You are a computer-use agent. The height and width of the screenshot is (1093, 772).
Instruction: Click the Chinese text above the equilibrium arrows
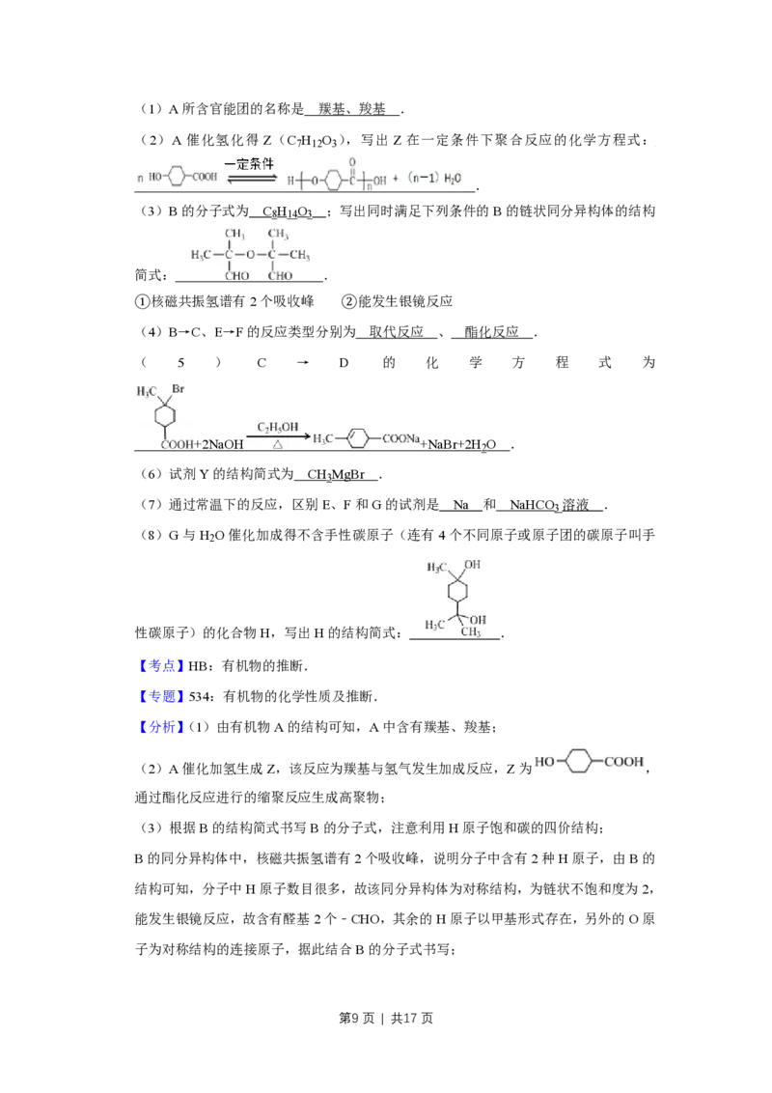click(249, 164)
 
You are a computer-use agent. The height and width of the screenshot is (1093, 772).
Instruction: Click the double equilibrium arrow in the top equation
click(250, 179)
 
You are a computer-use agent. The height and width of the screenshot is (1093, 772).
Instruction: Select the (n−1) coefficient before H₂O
click(423, 179)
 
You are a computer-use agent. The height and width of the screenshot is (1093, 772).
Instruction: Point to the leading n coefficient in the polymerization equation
click(141, 179)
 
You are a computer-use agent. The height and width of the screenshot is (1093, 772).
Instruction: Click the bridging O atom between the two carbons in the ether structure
click(250, 255)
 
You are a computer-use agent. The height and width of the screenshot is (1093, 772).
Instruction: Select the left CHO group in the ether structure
click(236, 276)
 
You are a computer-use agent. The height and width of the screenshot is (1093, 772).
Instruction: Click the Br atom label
click(179, 389)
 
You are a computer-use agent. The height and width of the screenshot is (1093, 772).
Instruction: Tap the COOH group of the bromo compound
click(178, 444)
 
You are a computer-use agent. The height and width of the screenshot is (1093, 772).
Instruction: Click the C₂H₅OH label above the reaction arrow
click(277, 426)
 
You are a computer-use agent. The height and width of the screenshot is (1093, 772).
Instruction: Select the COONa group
click(401, 439)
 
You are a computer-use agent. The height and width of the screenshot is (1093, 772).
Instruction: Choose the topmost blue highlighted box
click(161, 666)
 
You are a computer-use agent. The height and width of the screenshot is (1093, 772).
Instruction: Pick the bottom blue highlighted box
click(161, 726)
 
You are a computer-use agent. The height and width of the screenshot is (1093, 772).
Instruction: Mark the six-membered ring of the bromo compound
click(166, 415)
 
